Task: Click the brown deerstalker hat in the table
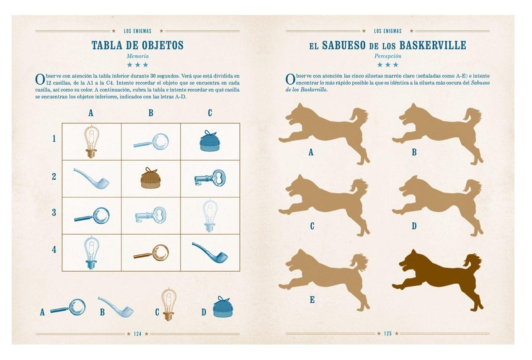[149, 178]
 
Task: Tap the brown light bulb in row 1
[91, 141]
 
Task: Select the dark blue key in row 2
[210, 178]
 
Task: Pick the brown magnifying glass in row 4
[152, 253]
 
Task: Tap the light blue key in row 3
[150, 215]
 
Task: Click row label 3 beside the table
[54, 212]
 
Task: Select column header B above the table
[151, 113]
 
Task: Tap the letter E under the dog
[312, 300]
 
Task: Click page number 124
[137, 334]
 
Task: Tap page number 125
[387, 334]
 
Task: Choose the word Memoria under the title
[138, 56]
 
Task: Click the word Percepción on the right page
[388, 56]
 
